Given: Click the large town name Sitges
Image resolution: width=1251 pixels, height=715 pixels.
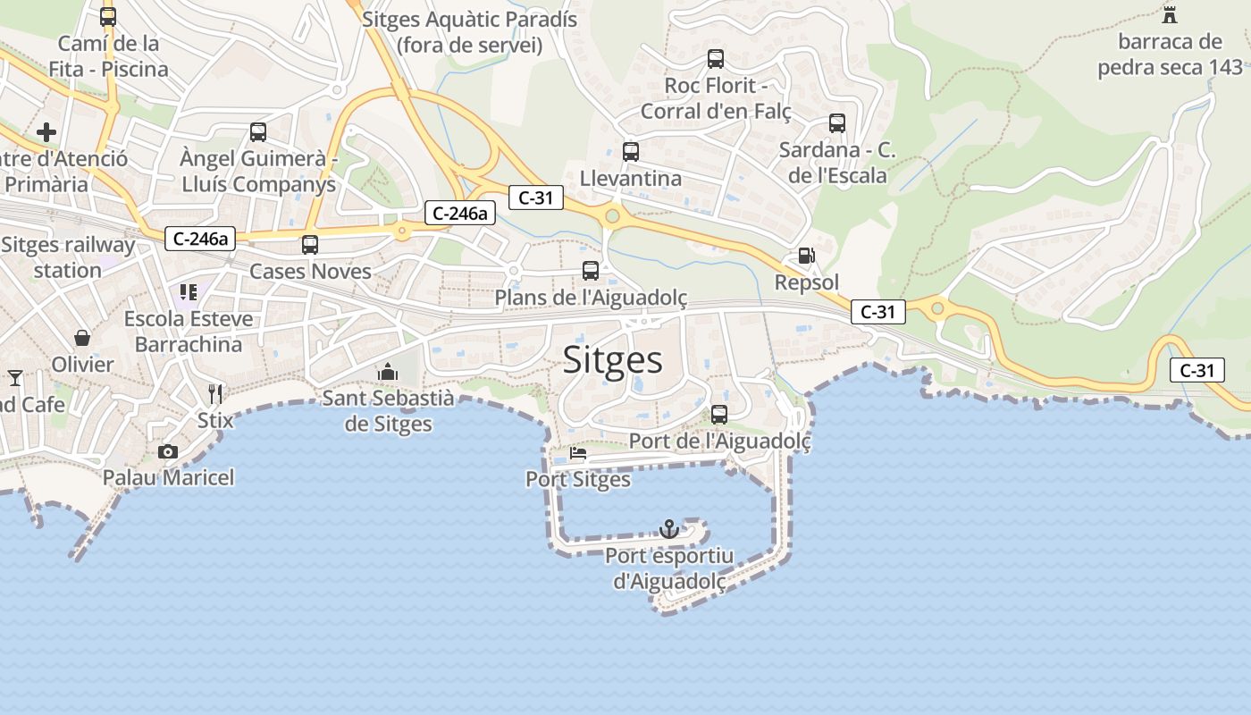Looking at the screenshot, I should point(613,360).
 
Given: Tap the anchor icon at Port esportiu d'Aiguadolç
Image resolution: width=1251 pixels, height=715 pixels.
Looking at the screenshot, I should point(669,529).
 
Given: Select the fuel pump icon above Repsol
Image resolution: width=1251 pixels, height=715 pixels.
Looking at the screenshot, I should point(806,256).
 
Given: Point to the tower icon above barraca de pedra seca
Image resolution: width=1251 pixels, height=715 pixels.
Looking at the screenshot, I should point(1170,14).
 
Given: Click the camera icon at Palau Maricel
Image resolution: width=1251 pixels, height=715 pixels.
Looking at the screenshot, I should point(167,451).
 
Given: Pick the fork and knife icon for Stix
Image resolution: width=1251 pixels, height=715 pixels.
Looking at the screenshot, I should point(214,393).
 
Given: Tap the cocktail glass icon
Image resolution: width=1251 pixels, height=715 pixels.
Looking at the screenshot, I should point(15,378).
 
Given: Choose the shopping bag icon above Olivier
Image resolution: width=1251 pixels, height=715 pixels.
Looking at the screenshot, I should point(82,337).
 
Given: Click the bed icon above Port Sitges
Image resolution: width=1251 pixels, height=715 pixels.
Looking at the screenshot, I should point(578,453).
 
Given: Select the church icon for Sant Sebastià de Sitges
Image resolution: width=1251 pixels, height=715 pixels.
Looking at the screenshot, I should point(388,371).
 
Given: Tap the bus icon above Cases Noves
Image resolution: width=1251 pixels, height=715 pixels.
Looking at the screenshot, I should point(310,244).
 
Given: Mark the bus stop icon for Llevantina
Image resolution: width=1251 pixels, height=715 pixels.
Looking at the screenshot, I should point(631,151).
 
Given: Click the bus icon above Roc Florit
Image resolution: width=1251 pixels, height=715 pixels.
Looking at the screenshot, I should point(716,59).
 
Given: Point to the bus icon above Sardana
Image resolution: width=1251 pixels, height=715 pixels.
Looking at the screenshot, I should point(837,123).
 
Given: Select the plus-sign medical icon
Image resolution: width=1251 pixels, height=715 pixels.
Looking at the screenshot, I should point(46,133).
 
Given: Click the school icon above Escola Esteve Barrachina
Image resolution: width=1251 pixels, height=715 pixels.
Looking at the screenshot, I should point(189,292).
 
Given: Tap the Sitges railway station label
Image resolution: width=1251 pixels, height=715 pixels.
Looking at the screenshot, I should point(68,257).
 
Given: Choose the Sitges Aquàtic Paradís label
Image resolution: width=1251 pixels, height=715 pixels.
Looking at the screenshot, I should point(470,32).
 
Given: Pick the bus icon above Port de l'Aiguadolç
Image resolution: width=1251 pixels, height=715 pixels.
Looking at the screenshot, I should point(719,415).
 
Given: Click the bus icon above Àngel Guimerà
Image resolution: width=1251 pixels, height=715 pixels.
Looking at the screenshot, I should point(258,132).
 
